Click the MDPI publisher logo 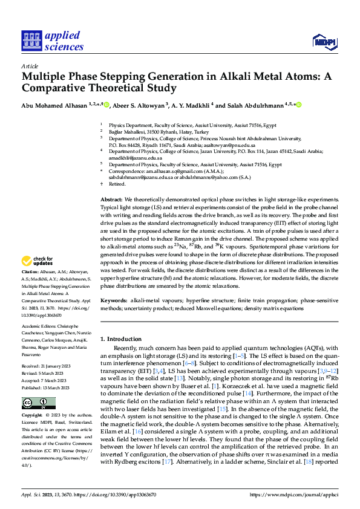click(x=324, y=41)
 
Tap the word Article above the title click(x=30, y=66)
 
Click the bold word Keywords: click(x=114, y=300)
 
